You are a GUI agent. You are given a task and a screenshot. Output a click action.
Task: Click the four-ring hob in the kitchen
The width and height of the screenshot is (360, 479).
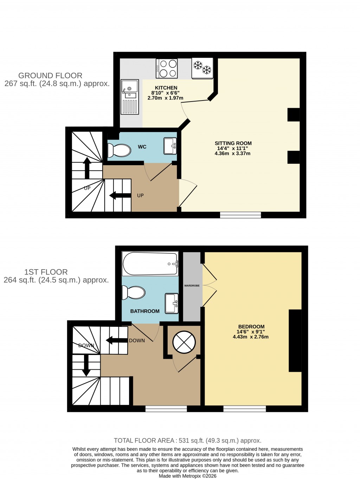pos(167,69)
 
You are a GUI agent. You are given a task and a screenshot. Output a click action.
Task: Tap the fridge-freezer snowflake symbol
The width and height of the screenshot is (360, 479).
pos(202,67)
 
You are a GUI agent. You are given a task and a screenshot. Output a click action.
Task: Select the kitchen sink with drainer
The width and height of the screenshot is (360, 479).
pos(129,97)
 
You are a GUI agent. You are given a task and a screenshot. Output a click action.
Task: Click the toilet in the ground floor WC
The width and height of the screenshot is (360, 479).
pos(119,150)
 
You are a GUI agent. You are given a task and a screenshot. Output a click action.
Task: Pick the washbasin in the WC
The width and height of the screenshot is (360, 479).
pos(170,146)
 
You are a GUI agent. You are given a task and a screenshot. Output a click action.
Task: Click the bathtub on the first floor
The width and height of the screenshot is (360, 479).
pos(150,264)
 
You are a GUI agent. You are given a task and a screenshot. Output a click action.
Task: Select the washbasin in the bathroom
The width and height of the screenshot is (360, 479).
pos(172,303)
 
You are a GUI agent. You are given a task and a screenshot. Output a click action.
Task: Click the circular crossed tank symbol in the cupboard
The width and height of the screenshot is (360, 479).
pos(184,342)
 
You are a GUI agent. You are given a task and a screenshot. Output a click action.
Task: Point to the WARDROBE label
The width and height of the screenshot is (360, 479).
pos(192,286)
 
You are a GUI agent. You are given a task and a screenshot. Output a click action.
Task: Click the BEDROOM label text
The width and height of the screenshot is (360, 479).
pos(251,326)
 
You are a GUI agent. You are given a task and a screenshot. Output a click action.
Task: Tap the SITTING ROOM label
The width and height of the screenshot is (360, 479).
pos(233,143)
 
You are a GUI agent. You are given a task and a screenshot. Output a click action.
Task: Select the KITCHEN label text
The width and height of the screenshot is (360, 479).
pos(166,88)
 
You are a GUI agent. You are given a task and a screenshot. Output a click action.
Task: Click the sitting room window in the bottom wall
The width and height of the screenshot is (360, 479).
pos(240,215)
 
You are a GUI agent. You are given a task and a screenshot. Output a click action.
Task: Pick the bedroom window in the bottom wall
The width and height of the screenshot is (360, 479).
pos(244,408)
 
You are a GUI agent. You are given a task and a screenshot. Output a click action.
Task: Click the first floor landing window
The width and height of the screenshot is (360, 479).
pos(166,408)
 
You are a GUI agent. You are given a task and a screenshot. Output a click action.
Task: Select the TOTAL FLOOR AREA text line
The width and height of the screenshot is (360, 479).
pos(187,440)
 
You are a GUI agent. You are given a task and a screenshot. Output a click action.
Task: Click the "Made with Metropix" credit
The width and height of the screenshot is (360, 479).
pos(187,476)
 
